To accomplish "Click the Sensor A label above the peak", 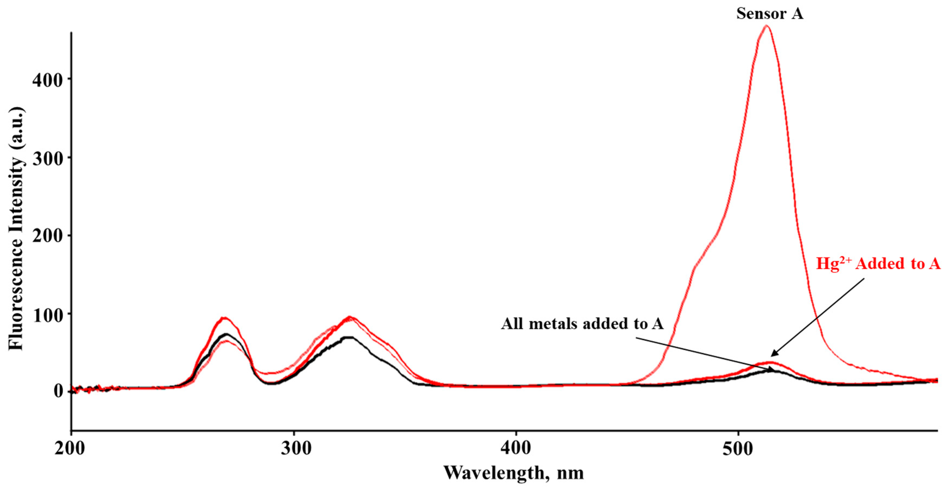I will [769, 14].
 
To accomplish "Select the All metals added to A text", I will [582, 324].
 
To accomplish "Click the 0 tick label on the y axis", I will [58, 391].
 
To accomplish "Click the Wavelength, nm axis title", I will [514, 473].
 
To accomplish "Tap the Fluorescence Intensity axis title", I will [17, 229].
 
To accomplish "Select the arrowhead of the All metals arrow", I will [774, 370].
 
